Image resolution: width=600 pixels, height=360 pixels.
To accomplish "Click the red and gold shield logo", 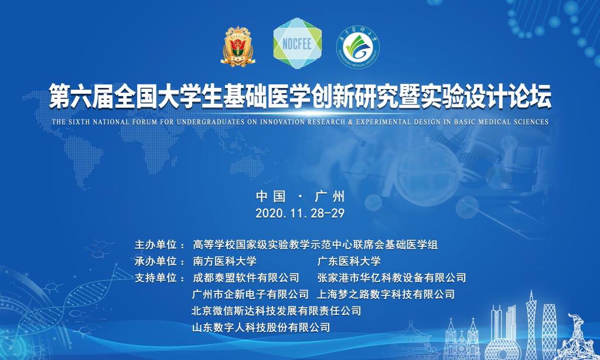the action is pos(238,46).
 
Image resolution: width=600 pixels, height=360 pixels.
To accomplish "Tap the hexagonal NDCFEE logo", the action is pos(297,43).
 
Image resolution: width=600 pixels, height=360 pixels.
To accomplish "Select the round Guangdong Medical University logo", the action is pos(358,47).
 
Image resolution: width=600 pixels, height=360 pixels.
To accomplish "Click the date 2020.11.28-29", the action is pos(300,213).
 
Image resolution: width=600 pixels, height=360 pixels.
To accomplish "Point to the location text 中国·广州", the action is pos(301,196).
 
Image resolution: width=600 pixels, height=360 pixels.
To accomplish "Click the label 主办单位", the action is pos(156,244).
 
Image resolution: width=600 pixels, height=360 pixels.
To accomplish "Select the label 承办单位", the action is pos(156,261).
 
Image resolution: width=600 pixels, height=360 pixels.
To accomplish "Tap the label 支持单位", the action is pos(156,278).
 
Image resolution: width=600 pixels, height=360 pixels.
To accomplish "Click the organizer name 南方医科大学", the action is pos(224,261).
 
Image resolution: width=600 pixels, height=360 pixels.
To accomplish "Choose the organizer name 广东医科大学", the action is pos(349,261).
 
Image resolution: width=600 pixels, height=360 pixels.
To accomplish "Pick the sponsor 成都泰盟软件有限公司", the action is pos(246,278).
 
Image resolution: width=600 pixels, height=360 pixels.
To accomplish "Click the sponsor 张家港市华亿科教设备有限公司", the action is pos(391,278).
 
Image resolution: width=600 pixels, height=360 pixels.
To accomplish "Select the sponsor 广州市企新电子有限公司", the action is pos(250,294).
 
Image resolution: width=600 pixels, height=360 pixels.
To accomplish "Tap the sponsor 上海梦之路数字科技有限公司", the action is pos(386,294).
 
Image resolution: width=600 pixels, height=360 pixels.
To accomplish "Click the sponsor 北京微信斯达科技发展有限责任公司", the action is pos(277,311).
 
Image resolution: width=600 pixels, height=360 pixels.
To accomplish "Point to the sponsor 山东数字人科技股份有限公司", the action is pos(261,327).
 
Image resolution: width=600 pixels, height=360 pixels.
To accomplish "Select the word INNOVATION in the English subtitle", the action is pos(283,122).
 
